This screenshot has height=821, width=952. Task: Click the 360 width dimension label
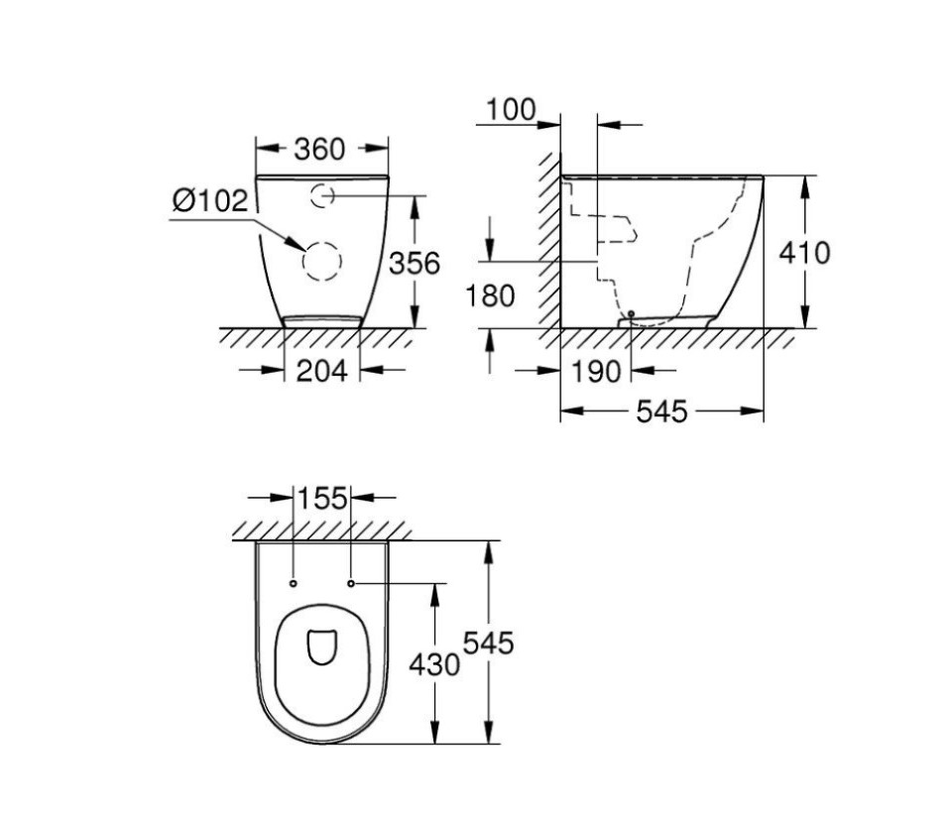tap(319, 149)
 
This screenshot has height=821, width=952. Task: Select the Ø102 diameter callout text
tap(209, 201)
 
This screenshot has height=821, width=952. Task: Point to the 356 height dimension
tap(413, 264)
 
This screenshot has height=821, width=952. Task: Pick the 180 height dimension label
tap(491, 295)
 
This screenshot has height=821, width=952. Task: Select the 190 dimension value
tap(595, 372)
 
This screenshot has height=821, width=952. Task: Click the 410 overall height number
tap(803, 253)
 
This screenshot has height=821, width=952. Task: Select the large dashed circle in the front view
tap(321, 262)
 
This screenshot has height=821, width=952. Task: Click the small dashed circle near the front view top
tap(322, 196)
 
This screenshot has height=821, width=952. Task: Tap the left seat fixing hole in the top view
tap(295, 583)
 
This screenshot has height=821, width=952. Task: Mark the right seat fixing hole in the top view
tap(351, 583)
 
